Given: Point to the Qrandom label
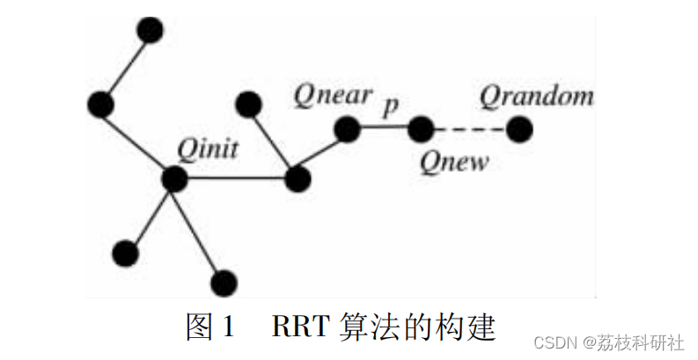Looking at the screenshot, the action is coord(536,95).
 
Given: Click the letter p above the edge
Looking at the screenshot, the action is coord(391,106).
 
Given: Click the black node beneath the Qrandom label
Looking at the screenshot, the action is coord(519,130).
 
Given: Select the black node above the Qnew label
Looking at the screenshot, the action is coord(421,130).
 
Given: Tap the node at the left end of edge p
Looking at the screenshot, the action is coord(347,130).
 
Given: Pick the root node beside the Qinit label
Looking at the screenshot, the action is coord(175,179).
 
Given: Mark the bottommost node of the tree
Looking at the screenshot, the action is coord(225,283).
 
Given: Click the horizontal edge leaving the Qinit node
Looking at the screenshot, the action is coord(236,180).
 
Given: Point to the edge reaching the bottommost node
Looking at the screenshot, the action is coord(201,231).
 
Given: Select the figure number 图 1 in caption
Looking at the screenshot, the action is coord(211,327).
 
